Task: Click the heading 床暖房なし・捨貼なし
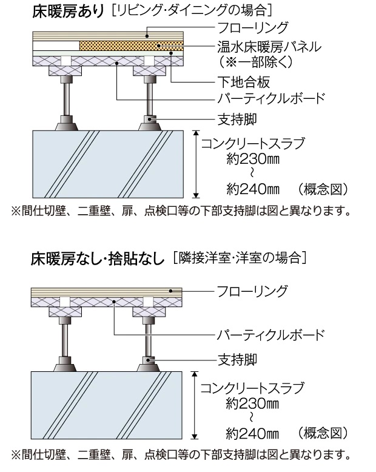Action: (x=98, y=259)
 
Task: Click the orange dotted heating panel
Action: (x=130, y=46)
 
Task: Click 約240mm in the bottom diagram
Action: (x=251, y=433)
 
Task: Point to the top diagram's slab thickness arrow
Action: (x=196, y=163)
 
